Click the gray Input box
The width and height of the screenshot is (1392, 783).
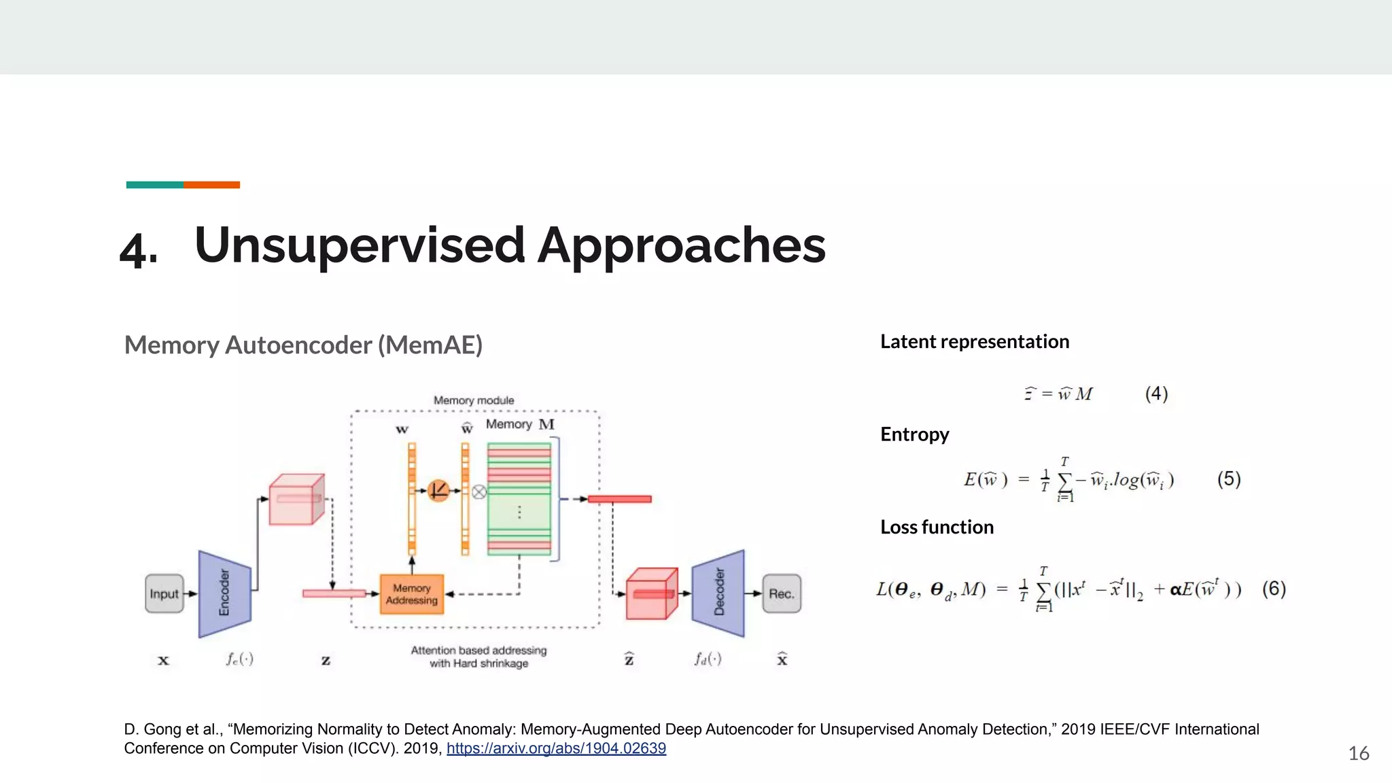point(164,593)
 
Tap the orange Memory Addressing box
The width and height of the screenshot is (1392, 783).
point(412,594)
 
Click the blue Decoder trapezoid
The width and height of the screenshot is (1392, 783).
point(718,593)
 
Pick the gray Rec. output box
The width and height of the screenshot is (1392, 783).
point(782,593)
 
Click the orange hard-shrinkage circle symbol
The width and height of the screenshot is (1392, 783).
point(438,490)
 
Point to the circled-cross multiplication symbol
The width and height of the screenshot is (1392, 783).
point(479,491)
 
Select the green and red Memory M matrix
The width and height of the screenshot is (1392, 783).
point(519,499)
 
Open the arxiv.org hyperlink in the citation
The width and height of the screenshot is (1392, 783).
point(556,748)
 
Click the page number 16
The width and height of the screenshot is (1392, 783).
point(1358,753)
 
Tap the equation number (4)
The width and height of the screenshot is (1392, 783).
point(1156,394)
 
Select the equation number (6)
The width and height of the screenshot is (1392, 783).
point(1274,589)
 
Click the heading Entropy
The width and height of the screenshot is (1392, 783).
point(914,434)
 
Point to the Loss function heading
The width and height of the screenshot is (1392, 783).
point(937,527)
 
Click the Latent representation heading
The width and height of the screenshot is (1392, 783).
point(974,341)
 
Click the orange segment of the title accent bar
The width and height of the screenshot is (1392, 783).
point(211,185)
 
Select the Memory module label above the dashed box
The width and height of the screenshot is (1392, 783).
point(474,400)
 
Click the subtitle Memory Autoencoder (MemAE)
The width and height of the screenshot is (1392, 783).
point(303,345)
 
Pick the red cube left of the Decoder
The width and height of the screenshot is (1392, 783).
point(651,594)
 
